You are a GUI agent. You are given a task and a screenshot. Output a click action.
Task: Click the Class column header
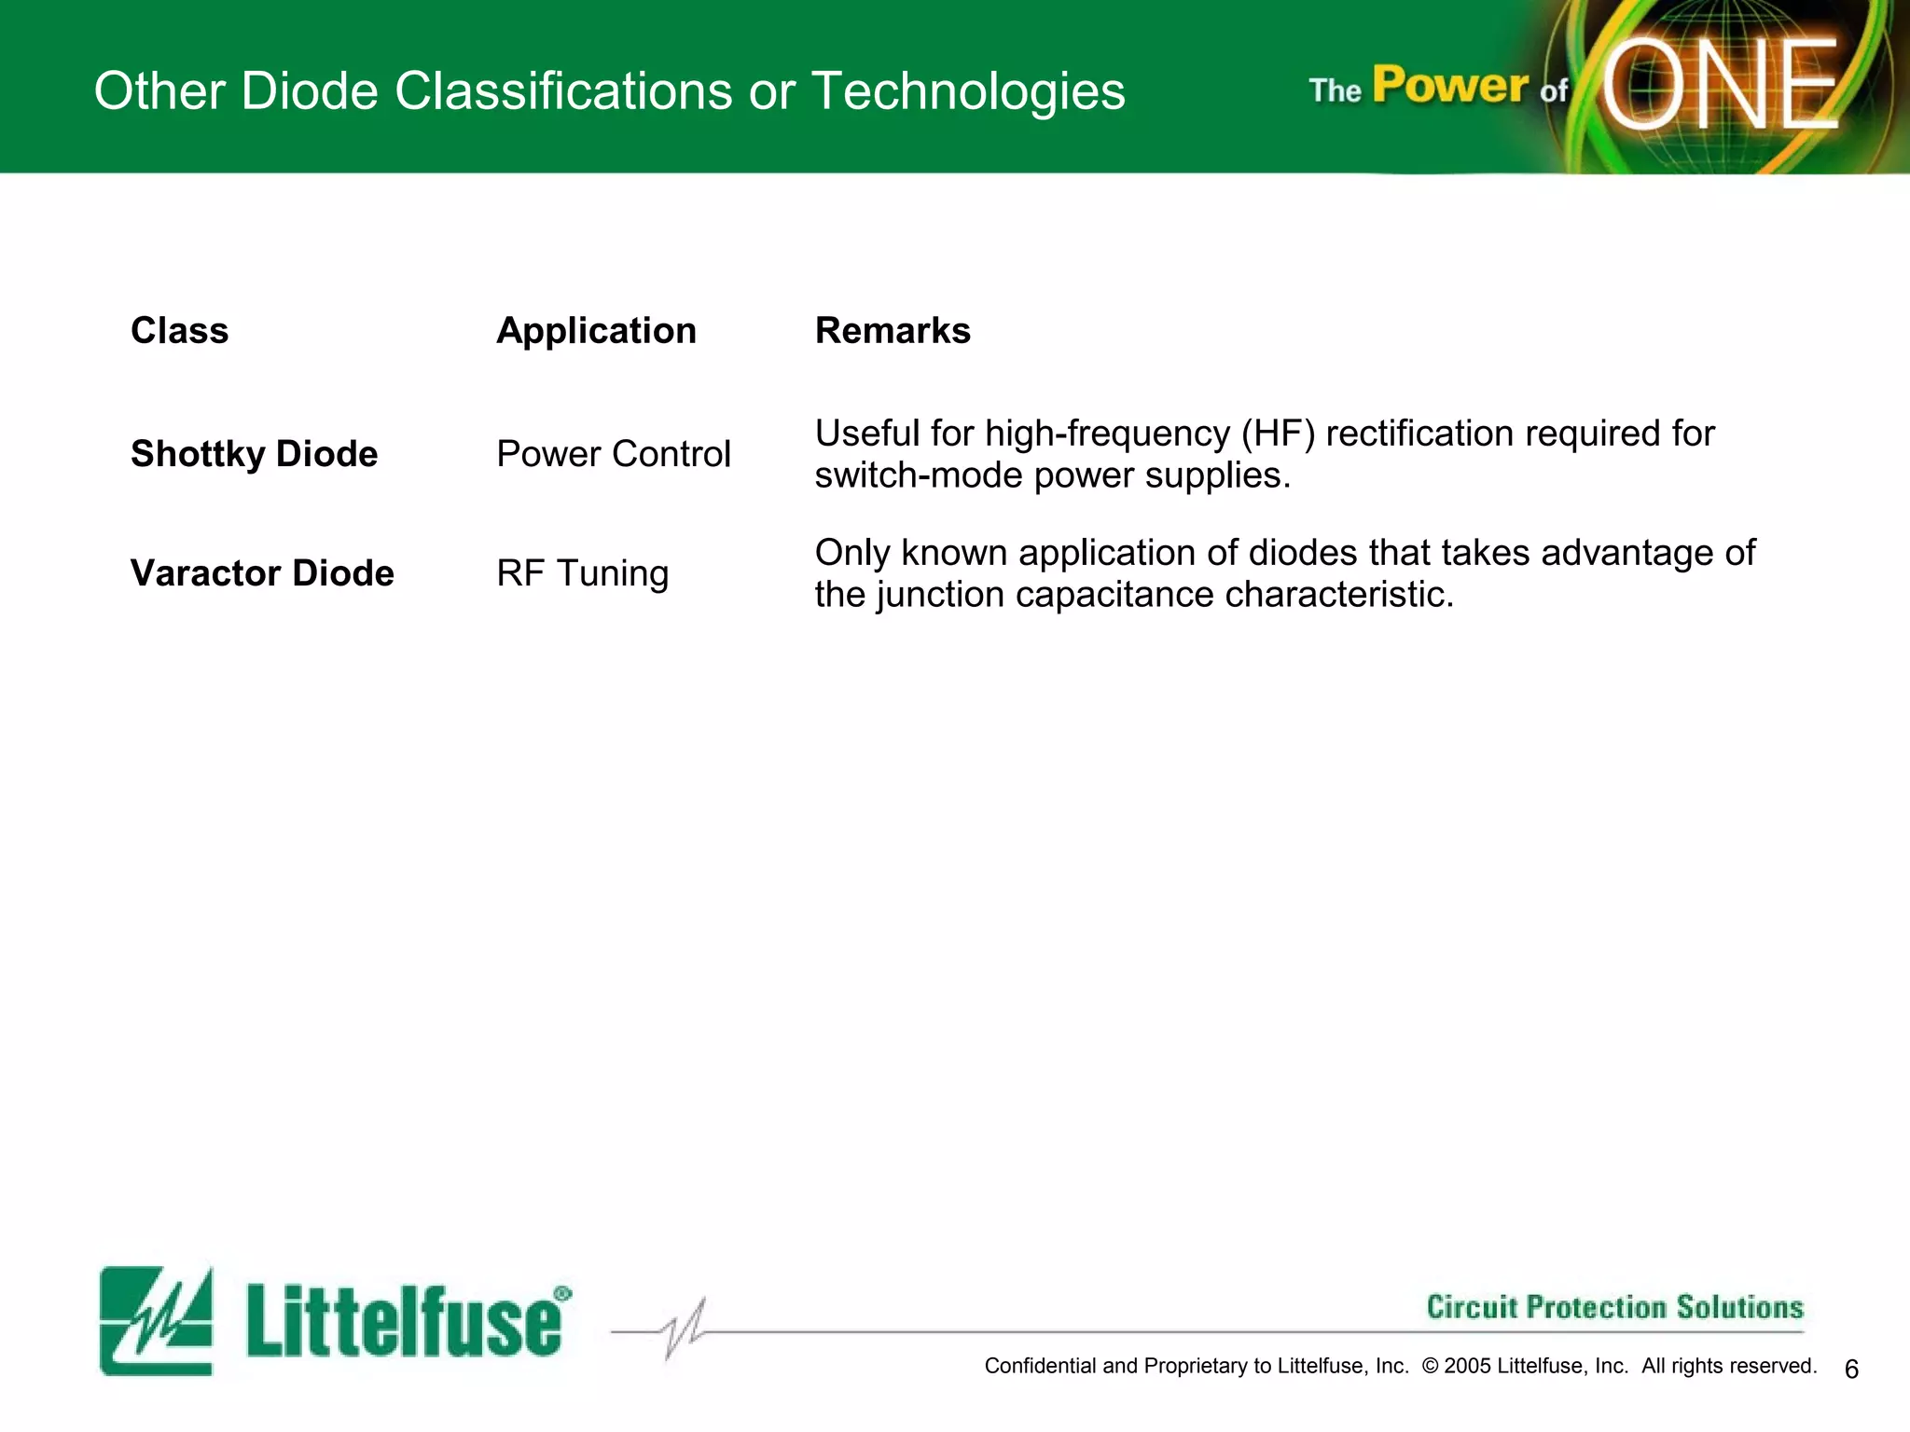[x=179, y=331]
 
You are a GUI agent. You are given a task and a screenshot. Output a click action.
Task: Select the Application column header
[x=596, y=331]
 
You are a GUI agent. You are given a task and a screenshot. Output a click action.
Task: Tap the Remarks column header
[x=893, y=331]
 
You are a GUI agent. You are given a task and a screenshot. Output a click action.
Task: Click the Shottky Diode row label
[x=254, y=454]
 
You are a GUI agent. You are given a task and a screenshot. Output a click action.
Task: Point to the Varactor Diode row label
[x=262, y=573]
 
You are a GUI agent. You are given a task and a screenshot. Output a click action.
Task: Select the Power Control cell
[x=613, y=454]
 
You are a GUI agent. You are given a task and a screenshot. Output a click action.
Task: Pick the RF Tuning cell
[x=582, y=573]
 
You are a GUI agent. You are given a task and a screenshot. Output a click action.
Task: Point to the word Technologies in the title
[x=967, y=91]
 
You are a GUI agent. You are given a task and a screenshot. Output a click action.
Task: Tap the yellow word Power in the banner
[x=1449, y=86]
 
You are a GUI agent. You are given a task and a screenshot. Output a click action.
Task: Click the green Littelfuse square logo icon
[x=156, y=1320]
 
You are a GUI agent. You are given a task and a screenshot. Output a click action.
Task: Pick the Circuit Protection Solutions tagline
[x=1614, y=1307]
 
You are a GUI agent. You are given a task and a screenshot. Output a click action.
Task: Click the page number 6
[x=1851, y=1369]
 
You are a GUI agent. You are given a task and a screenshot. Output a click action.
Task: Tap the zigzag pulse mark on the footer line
[x=685, y=1329]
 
